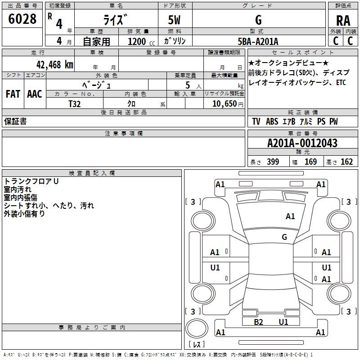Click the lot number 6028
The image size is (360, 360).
click(x=22, y=18)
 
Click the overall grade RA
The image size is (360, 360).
click(x=343, y=21)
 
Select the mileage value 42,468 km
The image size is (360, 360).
click(x=55, y=64)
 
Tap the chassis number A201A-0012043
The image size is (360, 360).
click(x=302, y=143)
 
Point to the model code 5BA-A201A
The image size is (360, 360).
click(x=258, y=41)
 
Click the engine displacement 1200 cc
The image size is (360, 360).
click(x=141, y=41)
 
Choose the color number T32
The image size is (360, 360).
click(x=75, y=104)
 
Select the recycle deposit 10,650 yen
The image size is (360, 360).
click(x=228, y=104)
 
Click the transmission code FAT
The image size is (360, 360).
click(x=13, y=94)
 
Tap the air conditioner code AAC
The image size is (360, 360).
click(x=35, y=94)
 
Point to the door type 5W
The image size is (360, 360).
click(x=174, y=20)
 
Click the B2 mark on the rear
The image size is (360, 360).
click(x=258, y=322)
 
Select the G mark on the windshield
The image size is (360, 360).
click(x=284, y=237)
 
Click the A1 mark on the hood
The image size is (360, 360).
click(x=290, y=216)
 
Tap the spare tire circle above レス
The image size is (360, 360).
click(x=197, y=328)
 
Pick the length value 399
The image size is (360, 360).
click(x=273, y=162)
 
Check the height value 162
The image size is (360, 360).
click(x=346, y=162)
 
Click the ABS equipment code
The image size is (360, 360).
click(x=272, y=121)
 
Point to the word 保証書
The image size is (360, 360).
click(x=15, y=121)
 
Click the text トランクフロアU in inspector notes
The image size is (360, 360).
click(x=31, y=181)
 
